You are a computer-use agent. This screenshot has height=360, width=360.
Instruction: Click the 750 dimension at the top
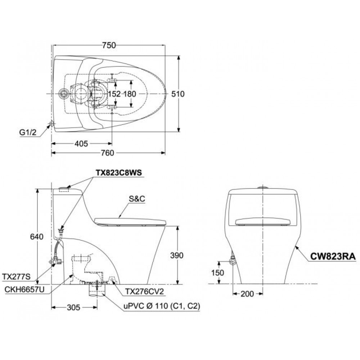pos(109,45)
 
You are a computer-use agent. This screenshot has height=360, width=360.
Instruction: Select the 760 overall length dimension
pos(107,153)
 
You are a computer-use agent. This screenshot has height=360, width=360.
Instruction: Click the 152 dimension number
pos(115,94)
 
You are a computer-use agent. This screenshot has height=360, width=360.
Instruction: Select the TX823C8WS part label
pos(119,172)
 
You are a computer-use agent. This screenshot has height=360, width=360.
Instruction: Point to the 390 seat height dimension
pos(176,255)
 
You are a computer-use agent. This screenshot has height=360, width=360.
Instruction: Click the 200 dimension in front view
pos(247,294)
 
